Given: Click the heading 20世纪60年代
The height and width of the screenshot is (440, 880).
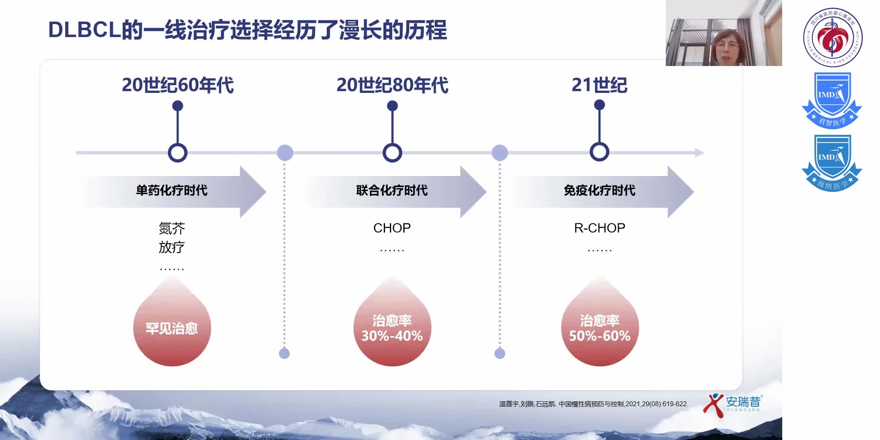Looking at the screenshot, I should [x=178, y=85].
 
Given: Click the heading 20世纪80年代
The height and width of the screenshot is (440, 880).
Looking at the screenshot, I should [x=392, y=85].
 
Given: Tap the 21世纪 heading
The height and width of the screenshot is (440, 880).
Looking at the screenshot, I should [x=599, y=85].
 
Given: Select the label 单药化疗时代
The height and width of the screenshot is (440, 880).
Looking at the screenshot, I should [x=172, y=190].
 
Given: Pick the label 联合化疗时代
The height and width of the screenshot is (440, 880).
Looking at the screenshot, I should [x=392, y=190].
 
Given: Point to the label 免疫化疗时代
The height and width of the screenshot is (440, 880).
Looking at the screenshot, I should [x=599, y=190].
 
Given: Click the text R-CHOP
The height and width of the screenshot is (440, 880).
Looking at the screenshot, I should [x=599, y=228].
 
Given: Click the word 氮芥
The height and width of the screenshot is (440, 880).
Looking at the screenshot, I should [x=172, y=228].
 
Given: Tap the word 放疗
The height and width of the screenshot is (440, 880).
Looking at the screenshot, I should [x=172, y=247].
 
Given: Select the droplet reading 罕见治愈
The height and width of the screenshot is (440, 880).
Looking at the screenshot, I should [x=172, y=328].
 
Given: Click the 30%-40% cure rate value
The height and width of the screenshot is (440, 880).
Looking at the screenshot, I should [x=392, y=336].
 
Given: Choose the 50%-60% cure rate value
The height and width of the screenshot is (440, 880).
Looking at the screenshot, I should [x=599, y=336].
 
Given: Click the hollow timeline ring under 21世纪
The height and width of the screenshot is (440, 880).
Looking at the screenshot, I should [x=599, y=152].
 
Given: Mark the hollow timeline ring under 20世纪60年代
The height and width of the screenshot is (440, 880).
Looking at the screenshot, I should [x=178, y=153].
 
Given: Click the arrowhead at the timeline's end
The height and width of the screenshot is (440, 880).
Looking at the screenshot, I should [x=699, y=153].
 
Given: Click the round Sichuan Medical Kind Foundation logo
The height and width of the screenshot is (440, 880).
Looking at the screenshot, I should [x=832, y=37].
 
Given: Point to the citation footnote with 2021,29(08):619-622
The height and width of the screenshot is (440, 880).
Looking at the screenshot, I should [x=593, y=404].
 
